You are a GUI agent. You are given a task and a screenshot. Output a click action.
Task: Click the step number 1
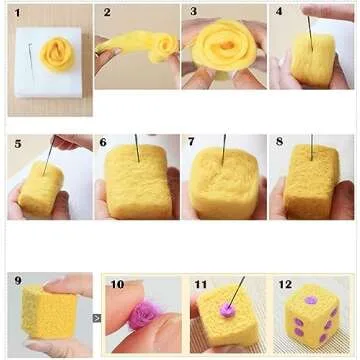click(17, 13)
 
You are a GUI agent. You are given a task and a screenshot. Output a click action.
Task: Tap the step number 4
click(279, 11)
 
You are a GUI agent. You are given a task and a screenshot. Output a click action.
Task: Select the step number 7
click(191, 142)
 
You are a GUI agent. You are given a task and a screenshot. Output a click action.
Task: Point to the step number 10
click(117, 284)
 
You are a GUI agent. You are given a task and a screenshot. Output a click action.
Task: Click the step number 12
click(285, 284)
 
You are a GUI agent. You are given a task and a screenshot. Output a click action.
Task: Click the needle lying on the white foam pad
click(31, 60)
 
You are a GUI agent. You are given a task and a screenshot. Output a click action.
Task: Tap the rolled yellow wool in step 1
click(57, 54)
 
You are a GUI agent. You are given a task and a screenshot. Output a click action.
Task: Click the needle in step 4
click(311, 33)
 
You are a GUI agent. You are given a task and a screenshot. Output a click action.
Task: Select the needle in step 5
click(49, 155)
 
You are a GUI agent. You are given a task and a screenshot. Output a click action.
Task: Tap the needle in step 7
click(224, 150)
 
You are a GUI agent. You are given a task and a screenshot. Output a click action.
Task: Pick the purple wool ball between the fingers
click(144, 314)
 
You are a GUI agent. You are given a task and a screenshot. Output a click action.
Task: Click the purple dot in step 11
click(228, 310)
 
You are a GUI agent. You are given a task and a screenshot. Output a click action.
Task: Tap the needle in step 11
click(236, 291)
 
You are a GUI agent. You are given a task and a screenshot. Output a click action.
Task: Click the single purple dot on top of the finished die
click(310, 300)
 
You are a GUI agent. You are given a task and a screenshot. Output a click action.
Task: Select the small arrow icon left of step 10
click(97, 318)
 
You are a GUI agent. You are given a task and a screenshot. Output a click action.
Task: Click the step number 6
click(103, 142)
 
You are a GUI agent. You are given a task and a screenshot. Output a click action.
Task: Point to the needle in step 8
click(312, 147)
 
